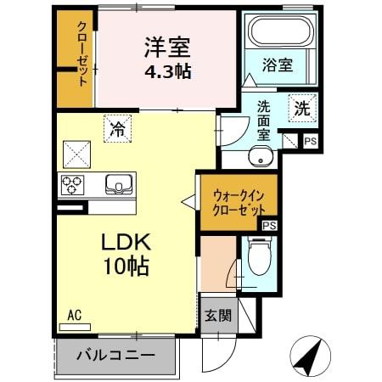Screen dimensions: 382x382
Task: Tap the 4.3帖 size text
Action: [166, 70]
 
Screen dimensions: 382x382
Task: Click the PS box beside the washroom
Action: [310, 142]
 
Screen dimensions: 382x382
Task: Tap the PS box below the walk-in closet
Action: [269, 225]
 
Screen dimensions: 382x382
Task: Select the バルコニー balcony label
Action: [118, 355]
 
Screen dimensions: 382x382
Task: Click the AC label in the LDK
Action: [75, 316]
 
